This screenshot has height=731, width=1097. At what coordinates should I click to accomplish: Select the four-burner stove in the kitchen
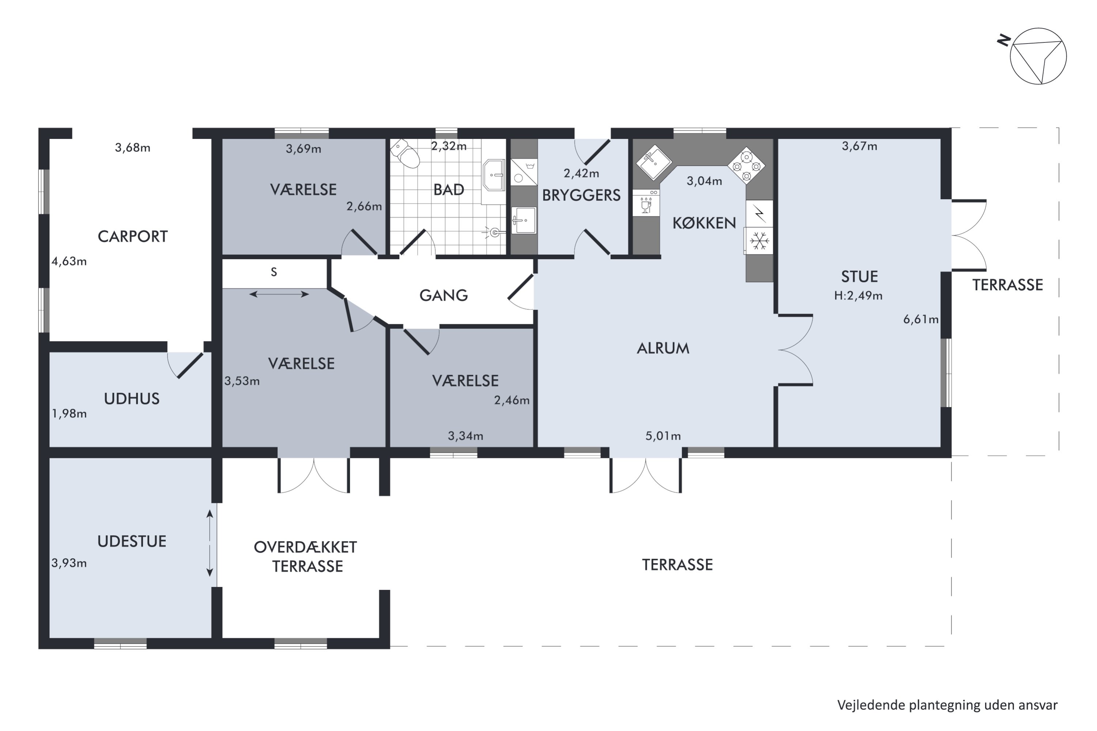(x=746, y=166)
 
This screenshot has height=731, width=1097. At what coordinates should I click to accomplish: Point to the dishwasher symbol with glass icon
(x=646, y=202)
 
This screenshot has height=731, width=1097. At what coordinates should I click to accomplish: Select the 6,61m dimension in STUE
(x=921, y=319)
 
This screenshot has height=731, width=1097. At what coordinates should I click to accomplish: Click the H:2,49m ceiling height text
(x=858, y=296)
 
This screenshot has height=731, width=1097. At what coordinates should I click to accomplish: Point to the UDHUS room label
(x=132, y=399)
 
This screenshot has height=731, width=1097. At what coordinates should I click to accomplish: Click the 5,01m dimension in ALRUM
(x=663, y=436)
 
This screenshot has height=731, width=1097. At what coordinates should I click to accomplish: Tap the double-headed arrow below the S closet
(x=279, y=294)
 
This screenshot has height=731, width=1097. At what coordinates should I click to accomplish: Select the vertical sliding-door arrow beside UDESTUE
(x=210, y=543)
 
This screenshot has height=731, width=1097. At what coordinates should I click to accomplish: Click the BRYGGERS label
(x=581, y=195)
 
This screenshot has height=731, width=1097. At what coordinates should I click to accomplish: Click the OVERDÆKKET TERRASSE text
(x=305, y=557)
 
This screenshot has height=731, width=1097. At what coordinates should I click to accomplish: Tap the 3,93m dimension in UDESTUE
(x=69, y=563)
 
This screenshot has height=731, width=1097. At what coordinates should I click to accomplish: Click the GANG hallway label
(x=444, y=295)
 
